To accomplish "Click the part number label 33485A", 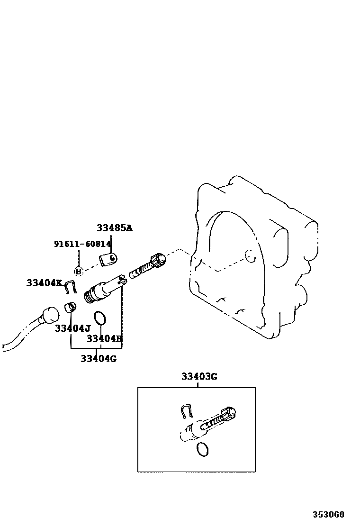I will coord(114,228).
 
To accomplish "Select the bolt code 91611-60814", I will coord(82,244).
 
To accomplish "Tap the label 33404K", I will coord(44,283).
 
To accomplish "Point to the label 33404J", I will coord(72,328).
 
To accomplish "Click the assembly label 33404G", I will coord(98,358).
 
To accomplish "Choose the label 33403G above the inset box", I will coord(199,377).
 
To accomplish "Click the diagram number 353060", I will coord(328,514).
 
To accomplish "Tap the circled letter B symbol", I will coord(79,271).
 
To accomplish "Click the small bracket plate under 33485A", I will coord(108,259).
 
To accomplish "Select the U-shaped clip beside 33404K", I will coord(71,287).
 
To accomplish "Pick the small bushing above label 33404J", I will coord(70,307).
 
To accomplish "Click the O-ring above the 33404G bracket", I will coord(99,318).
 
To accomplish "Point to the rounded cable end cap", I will coord(49,314).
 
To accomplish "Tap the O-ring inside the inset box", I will coord(202,449).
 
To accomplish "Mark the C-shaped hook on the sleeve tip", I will coord(122,280).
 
